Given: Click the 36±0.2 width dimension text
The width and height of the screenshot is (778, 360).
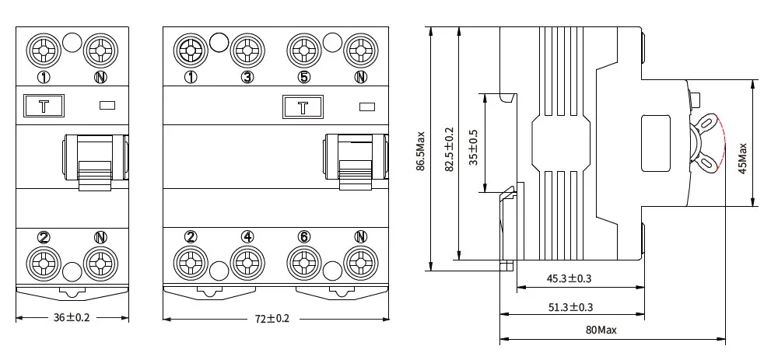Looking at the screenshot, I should click(72, 318).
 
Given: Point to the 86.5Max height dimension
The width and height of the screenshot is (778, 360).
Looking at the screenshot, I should click(421, 149).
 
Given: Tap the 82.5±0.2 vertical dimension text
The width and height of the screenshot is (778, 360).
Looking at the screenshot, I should click(448, 149).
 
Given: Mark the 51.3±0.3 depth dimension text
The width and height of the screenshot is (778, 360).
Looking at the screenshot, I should click(570, 307).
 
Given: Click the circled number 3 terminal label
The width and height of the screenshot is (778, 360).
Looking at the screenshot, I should click(247, 76).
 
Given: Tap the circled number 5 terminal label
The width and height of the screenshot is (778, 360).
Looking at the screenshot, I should click(303, 76).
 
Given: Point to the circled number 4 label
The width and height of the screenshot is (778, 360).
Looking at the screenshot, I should click(247, 236).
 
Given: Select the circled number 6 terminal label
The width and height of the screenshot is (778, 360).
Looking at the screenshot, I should click(303, 236).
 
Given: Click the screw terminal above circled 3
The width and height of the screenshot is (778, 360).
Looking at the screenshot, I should click(247, 51).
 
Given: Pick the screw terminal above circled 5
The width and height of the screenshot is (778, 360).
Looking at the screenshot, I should click(303, 51).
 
